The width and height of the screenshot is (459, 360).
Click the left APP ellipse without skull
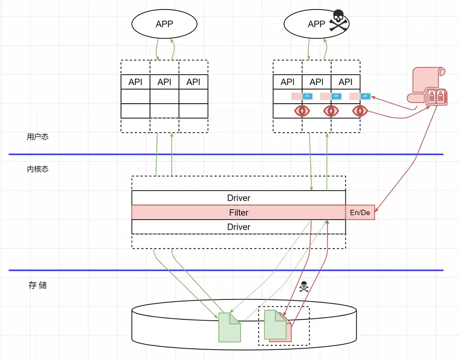164,24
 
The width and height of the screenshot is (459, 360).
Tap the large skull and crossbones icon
339,21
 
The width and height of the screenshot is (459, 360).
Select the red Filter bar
238,212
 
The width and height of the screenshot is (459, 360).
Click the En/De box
360,212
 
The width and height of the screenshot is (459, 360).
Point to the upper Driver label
238,198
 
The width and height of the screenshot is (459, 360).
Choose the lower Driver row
238,227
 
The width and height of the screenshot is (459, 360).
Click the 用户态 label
38,137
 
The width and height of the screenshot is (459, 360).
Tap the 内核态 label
38,169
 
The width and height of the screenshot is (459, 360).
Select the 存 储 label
38,285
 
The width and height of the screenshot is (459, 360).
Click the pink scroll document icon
427,86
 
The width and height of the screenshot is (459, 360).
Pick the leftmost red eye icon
302,111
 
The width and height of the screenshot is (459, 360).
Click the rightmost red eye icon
359,111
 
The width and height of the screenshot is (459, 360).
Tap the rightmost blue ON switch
365,96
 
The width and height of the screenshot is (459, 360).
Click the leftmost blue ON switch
307,96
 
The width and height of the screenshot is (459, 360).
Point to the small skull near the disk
304,286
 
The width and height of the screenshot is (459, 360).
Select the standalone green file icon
229,327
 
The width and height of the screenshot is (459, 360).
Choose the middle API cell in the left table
164,82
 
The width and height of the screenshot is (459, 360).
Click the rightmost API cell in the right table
345,82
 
